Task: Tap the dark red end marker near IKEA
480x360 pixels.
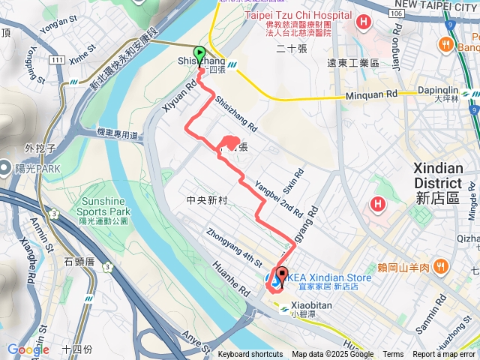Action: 282,275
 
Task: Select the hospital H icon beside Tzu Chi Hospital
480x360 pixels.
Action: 363,22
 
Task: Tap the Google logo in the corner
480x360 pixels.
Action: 28,349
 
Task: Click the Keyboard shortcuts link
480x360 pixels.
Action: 250,355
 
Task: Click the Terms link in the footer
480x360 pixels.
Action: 393,355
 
